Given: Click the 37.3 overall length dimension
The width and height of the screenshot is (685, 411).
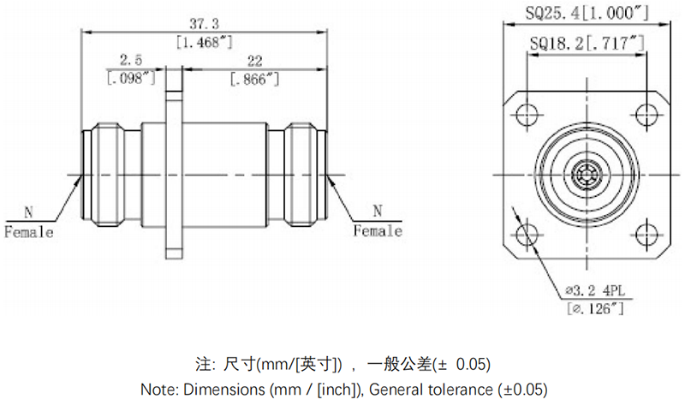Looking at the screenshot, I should tap(205, 25).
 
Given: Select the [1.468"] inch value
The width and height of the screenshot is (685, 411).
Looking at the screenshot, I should tap(205, 42).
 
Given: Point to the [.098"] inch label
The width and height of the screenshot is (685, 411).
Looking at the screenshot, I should tap(130, 78).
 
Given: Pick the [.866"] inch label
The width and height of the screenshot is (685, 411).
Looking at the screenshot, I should tap(254, 78).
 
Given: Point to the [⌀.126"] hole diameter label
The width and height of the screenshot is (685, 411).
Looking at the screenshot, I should tap(593, 307).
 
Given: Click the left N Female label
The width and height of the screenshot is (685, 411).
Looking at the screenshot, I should tap(29, 223).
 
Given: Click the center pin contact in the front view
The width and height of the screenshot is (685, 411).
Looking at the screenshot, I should tap(586, 175).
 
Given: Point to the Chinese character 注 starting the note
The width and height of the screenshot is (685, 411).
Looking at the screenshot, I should tap(202, 363).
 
